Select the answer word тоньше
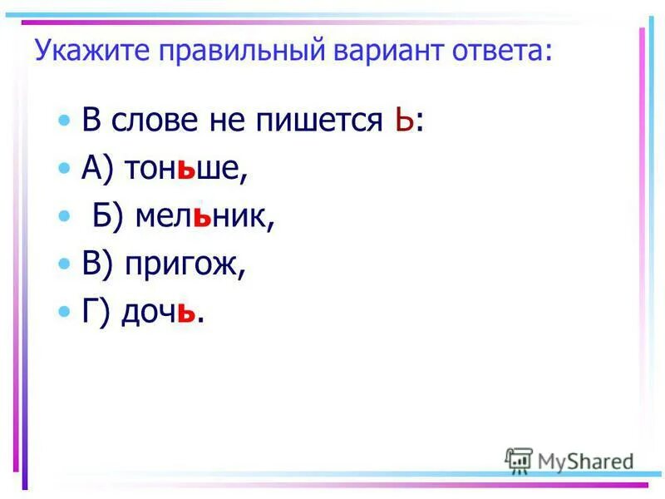186,169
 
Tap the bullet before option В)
66,264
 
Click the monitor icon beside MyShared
520,460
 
